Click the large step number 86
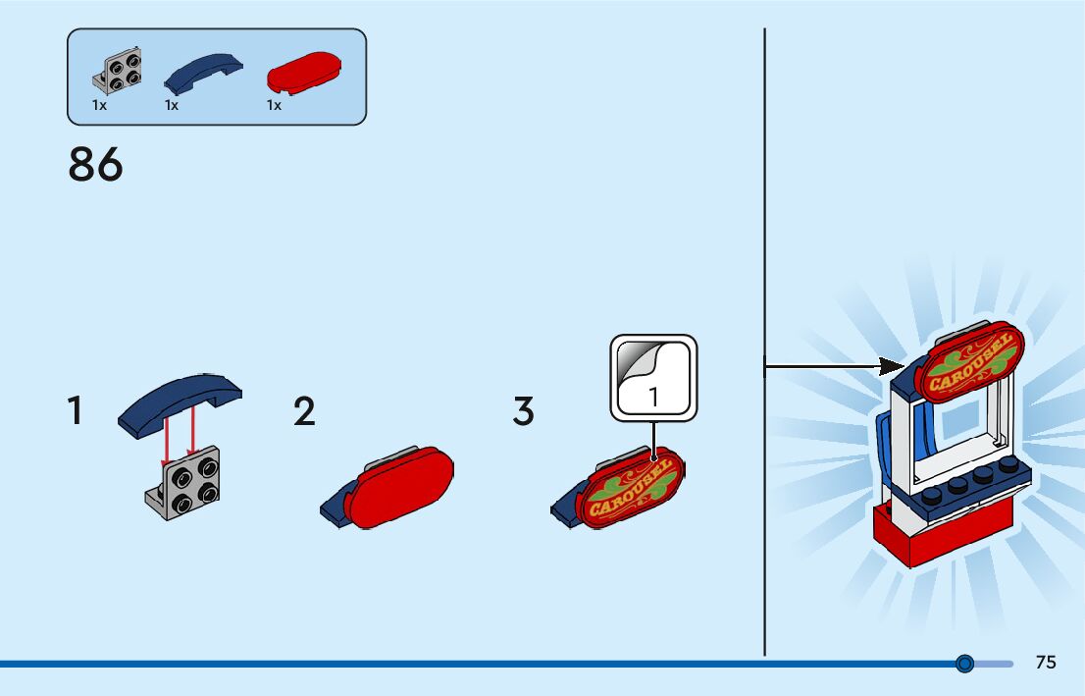pyautogui.click(x=96, y=165)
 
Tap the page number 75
pyautogui.click(x=1046, y=663)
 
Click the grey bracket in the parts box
pyautogui.click(x=118, y=69)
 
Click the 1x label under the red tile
pyautogui.click(x=274, y=105)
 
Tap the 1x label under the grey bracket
pyautogui.click(x=99, y=105)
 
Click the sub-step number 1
pyautogui.click(x=75, y=410)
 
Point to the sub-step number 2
pyautogui.click(x=304, y=411)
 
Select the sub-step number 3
pyautogui.click(x=524, y=411)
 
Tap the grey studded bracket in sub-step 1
pyautogui.click(x=185, y=484)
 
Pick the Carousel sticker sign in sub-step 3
pyautogui.click(x=630, y=488)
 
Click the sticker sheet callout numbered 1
pyautogui.click(x=653, y=377)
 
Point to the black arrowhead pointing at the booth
pyautogui.click(x=892, y=367)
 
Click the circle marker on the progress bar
pyautogui.click(x=964, y=665)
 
